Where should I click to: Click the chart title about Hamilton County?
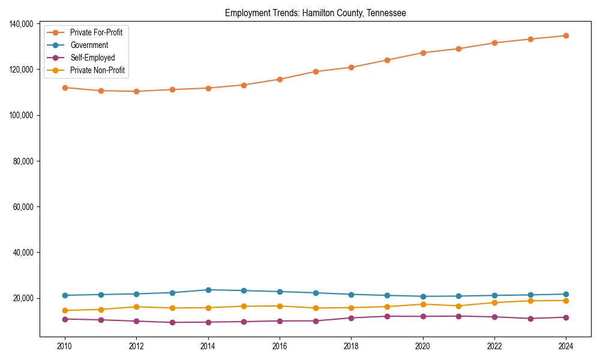(315, 13)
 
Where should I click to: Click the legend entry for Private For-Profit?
(96, 32)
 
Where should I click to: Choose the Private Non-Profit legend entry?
(97, 70)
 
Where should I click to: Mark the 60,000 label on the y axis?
(22, 207)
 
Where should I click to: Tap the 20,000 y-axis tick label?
(22, 298)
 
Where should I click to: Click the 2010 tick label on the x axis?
(65, 346)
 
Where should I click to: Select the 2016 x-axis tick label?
(280, 346)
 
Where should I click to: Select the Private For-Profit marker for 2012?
(136, 91)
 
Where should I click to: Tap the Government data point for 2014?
(208, 290)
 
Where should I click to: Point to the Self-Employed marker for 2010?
(65, 319)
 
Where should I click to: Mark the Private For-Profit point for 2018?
(351, 67)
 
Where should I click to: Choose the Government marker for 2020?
(423, 296)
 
